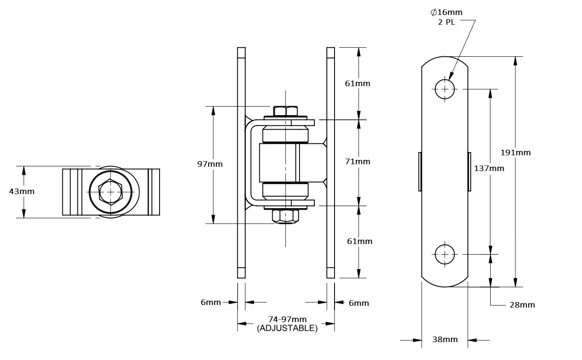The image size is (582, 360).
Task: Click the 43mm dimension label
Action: pyautogui.click(x=22, y=191)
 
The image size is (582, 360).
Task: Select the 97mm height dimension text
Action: pyautogui.click(x=210, y=164)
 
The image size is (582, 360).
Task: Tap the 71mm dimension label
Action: pyautogui.click(x=358, y=162)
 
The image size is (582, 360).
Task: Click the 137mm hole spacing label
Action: pyautogui.click(x=489, y=168)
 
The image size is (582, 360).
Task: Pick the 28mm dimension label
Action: pyautogui.click(x=522, y=305)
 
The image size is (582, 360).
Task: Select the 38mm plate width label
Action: pyautogui.click(x=445, y=340)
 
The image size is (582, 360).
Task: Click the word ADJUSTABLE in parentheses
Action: pyautogui.click(x=287, y=328)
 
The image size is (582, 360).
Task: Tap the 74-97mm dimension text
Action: pyautogui.click(x=287, y=319)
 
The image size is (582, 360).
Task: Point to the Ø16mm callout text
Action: pyautogui.click(x=447, y=12)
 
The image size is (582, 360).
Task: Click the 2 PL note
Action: pyautogui.click(x=446, y=22)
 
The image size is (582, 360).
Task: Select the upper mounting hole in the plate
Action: pyautogui.click(x=445, y=89)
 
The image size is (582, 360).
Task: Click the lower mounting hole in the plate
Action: pyautogui.click(x=445, y=254)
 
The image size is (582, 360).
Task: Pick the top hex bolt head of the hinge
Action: pyautogui.click(x=285, y=111)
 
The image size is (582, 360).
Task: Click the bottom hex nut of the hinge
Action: pyautogui.click(x=285, y=216)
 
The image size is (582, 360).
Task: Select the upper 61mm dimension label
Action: pyautogui.click(x=358, y=83)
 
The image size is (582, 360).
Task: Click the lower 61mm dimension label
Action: pyautogui.click(x=359, y=241)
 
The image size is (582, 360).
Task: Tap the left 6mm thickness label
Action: pyautogui.click(x=211, y=302)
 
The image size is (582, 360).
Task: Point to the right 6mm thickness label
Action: pyautogui.click(x=358, y=303)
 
